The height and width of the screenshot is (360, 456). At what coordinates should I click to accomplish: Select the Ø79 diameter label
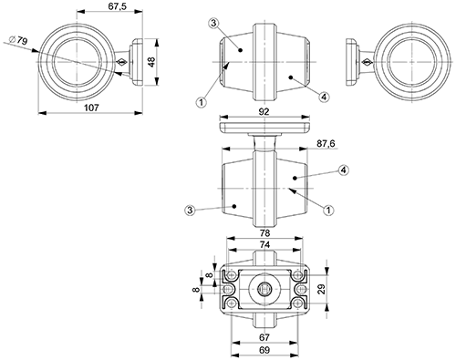(17, 39)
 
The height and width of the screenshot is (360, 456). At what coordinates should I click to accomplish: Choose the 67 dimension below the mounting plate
(264, 336)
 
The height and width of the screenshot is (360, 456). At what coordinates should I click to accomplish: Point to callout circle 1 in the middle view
(328, 211)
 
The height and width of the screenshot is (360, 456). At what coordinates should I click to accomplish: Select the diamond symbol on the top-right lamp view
(362, 62)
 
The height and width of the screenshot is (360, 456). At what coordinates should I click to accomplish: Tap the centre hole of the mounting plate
(265, 288)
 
